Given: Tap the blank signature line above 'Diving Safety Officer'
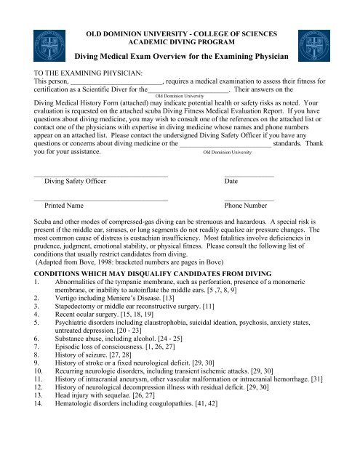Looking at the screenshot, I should (x=100, y=174).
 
